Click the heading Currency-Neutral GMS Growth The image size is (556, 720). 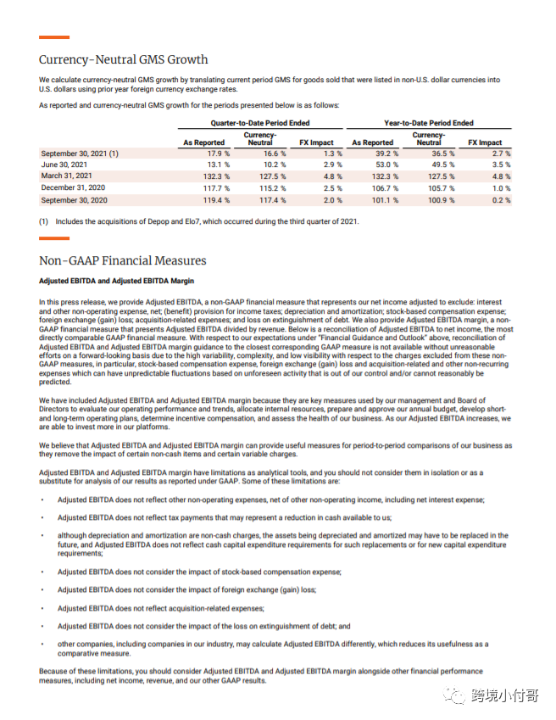(x=123, y=59)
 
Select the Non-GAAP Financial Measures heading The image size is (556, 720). (x=122, y=260)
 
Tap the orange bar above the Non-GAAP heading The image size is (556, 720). (x=54, y=238)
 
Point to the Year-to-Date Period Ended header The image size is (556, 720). (x=429, y=123)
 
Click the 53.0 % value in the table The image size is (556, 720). (x=379, y=165)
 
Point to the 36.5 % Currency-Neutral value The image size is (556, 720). (x=440, y=153)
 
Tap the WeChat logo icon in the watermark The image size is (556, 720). (x=457, y=695)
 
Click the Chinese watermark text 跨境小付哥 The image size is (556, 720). (x=506, y=696)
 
